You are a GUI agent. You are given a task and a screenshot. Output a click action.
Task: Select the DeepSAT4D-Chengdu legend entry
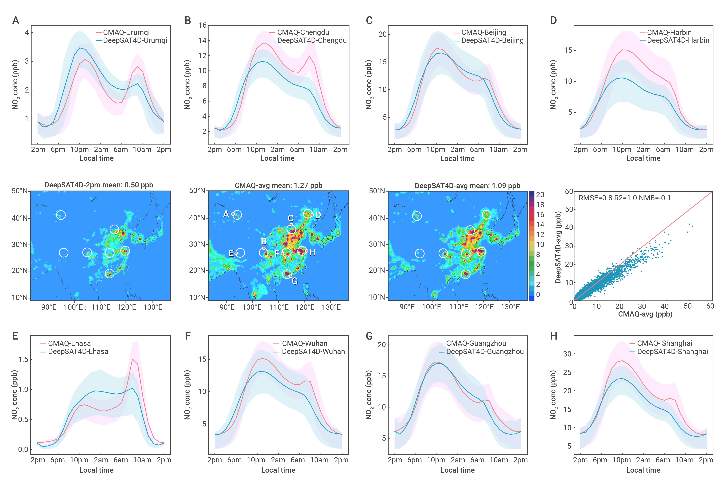point(308,40)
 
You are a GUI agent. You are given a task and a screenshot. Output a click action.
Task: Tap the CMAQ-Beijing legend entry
point(480,32)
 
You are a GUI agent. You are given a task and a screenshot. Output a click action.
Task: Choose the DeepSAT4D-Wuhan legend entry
point(309,351)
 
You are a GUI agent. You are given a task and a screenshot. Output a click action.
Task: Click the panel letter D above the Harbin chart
point(553,20)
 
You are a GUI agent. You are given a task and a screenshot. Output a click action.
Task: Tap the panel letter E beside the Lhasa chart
point(15,336)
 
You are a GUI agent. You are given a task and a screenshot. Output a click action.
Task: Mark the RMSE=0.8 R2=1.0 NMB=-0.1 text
point(624,198)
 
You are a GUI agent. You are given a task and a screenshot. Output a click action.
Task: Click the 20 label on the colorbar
point(540,195)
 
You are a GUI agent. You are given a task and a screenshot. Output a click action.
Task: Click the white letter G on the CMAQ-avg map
point(295,281)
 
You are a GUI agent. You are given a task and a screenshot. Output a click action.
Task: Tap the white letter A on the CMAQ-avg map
point(226,214)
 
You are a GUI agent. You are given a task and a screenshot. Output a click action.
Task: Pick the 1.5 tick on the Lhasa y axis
point(23,359)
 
